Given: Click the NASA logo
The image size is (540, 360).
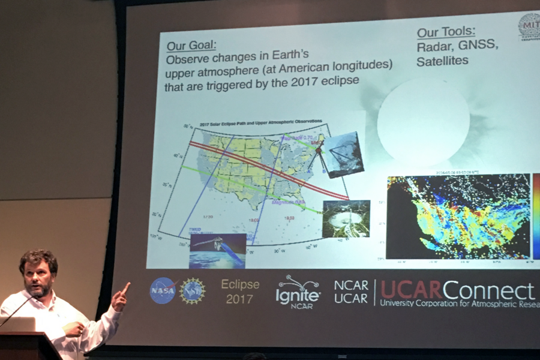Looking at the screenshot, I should click(162, 290).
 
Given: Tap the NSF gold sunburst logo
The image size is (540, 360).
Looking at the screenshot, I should click(193, 290).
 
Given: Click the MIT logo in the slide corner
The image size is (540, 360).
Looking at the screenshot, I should click(529, 26).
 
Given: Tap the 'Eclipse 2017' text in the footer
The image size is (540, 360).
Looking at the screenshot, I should click(240, 291).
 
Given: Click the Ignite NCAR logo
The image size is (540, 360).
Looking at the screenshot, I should click(298, 290).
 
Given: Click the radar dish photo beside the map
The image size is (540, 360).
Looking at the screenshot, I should click(346, 218).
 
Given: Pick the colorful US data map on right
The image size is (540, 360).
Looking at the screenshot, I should click(459, 216).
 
